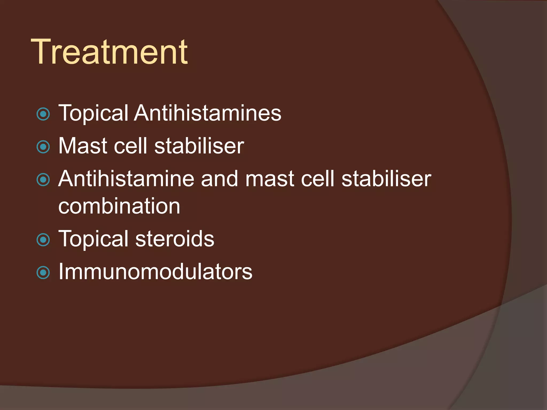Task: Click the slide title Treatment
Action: point(110,52)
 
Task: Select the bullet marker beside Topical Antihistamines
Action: point(43,114)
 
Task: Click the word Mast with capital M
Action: point(83,146)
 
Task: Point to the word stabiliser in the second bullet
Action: point(199,146)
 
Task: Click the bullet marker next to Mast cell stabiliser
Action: point(43,147)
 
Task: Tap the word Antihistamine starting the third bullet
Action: point(126,179)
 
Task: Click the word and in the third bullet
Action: point(219,179)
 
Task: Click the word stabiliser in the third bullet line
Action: point(386,179)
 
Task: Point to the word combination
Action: point(119,206)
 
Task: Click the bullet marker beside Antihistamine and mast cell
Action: point(43,180)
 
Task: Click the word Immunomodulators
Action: point(155,272)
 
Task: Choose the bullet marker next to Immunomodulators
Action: point(43,273)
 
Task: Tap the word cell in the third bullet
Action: point(318,179)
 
